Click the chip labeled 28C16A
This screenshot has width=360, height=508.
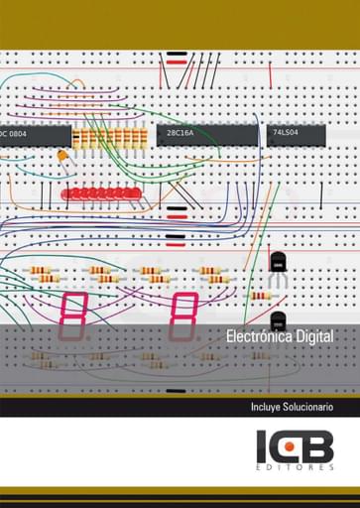coord(203,134)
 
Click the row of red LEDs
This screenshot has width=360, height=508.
coord(98,192)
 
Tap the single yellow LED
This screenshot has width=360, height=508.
coord(61,157)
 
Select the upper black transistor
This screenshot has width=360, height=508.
coord(278,263)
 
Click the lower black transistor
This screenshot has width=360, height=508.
coord(278,321)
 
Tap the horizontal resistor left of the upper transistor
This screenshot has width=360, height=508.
coord(260,296)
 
